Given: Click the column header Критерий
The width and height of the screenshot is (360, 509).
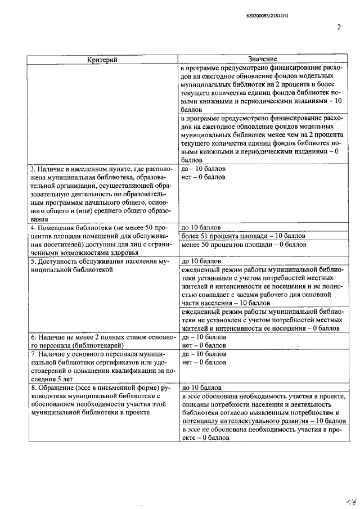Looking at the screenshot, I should click(x=102, y=59).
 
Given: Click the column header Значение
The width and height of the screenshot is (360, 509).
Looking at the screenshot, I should click(x=262, y=59).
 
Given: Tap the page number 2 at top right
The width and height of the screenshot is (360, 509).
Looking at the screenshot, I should click(x=339, y=26).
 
